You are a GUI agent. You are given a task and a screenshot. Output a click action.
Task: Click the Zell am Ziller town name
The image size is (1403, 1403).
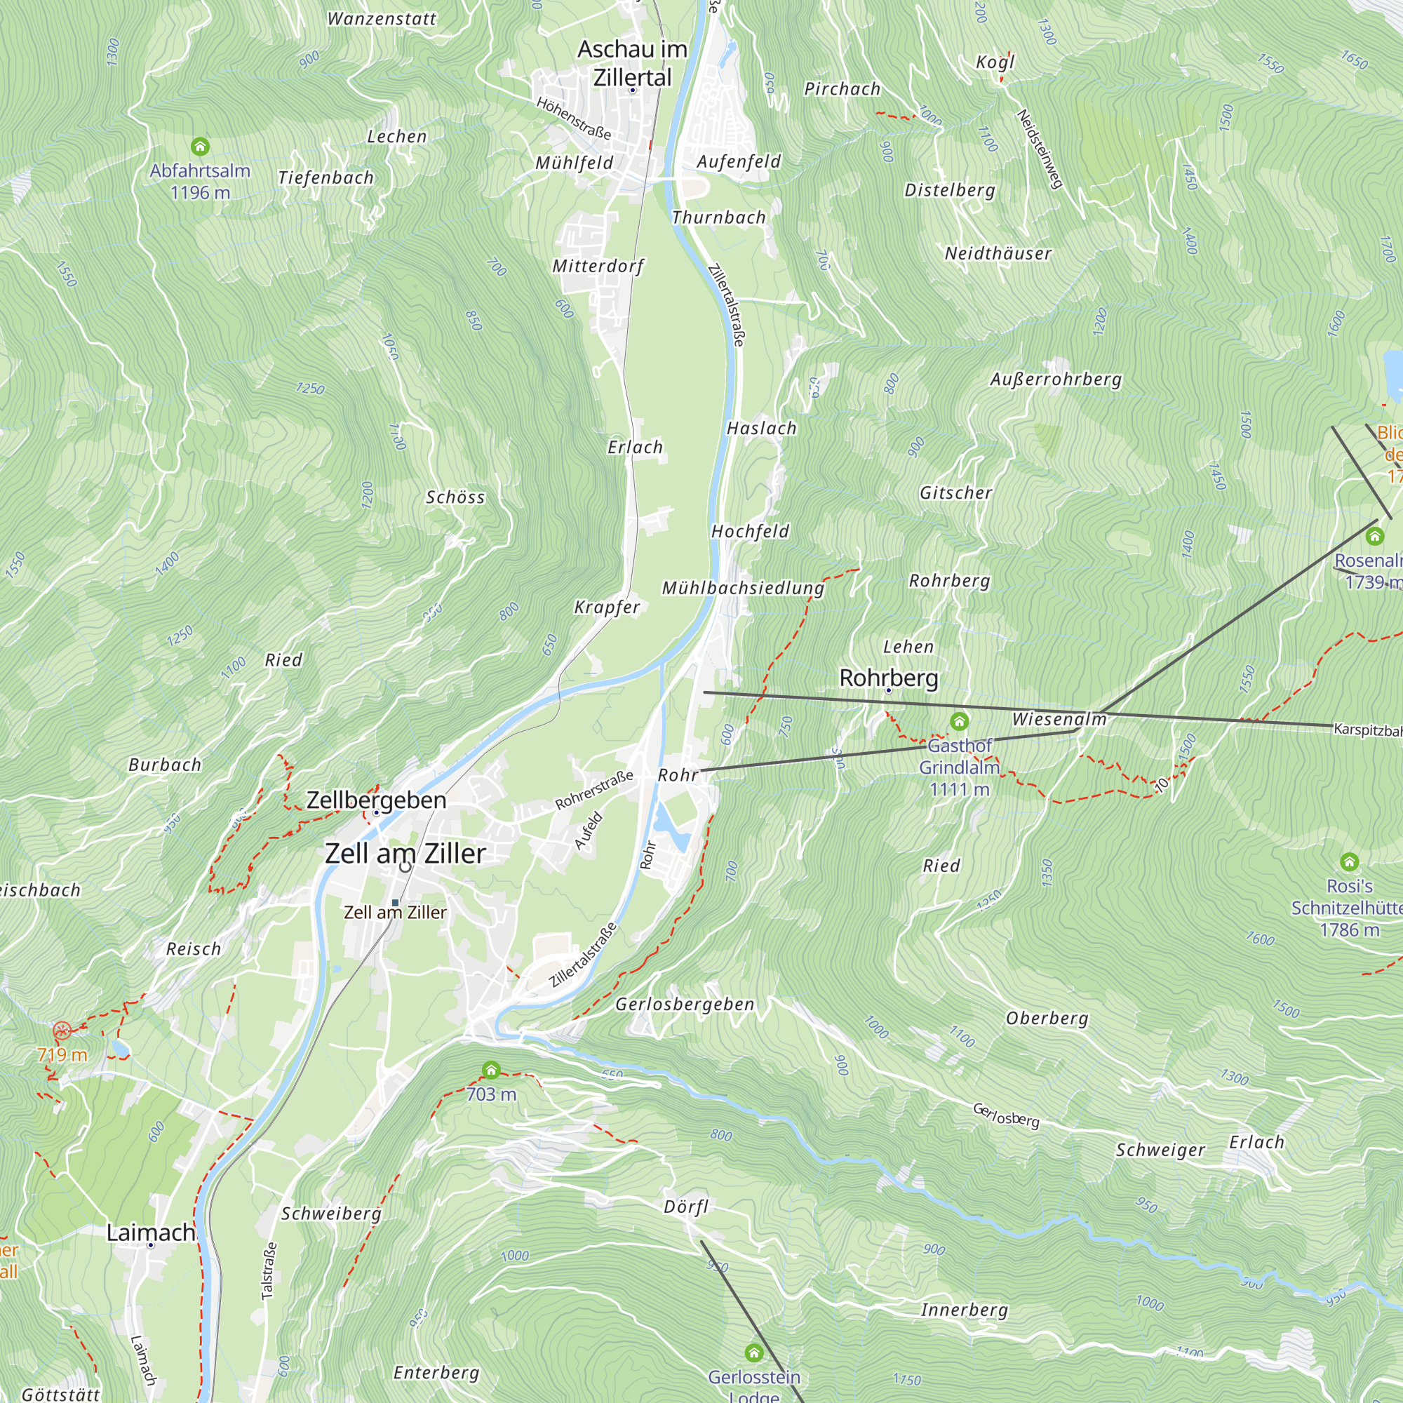pyautogui.click(x=405, y=853)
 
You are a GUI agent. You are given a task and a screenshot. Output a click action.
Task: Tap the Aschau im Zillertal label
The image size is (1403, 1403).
pyautogui.click(x=633, y=63)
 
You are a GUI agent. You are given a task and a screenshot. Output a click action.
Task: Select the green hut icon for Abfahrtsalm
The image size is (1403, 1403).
pyautogui.click(x=201, y=147)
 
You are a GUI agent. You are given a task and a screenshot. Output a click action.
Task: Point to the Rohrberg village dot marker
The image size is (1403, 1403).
pyautogui.click(x=888, y=690)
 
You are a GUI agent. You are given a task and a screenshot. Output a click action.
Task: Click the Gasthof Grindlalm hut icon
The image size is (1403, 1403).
pyautogui.click(x=959, y=721)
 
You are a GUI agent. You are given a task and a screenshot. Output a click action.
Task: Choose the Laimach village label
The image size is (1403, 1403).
pyautogui.click(x=151, y=1233)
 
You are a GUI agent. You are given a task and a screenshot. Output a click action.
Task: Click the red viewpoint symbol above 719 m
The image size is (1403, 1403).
pyautogui.click(x=62, y=1031)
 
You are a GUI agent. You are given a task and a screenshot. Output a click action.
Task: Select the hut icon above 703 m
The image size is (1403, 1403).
pyautogui.click(x=492, y=1070)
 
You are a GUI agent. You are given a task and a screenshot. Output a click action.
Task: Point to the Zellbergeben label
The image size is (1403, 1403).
pyautogui.click(x=376, y=800)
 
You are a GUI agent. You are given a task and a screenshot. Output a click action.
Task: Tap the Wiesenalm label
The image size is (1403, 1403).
pyautogui.click(x=1059, y=719)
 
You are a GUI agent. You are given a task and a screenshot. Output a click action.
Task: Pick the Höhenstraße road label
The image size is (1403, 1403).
pyautogui.click(x=574, y=119)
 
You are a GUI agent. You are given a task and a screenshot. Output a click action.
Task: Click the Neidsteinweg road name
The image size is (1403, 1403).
pyautogui.click(x=1040, y=149)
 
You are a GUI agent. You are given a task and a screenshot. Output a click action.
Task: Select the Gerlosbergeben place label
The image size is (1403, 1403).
pyautogui.click(x=685, y=1005)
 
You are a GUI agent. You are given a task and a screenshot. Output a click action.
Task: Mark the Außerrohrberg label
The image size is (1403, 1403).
pyautogui.click(x=1056, y=379)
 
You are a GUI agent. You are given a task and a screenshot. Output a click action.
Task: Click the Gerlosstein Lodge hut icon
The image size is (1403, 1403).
pyautogui.click(x=754, y=1353)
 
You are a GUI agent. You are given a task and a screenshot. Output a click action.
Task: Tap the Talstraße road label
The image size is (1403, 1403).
pyautogui.click(x=269, y=1271)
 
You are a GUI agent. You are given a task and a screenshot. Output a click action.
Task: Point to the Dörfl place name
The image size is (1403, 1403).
pyautogui.click(x=685, y=1207)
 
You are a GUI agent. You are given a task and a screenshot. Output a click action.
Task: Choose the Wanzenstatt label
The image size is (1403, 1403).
pyautogui.click(x=382, y=20)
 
